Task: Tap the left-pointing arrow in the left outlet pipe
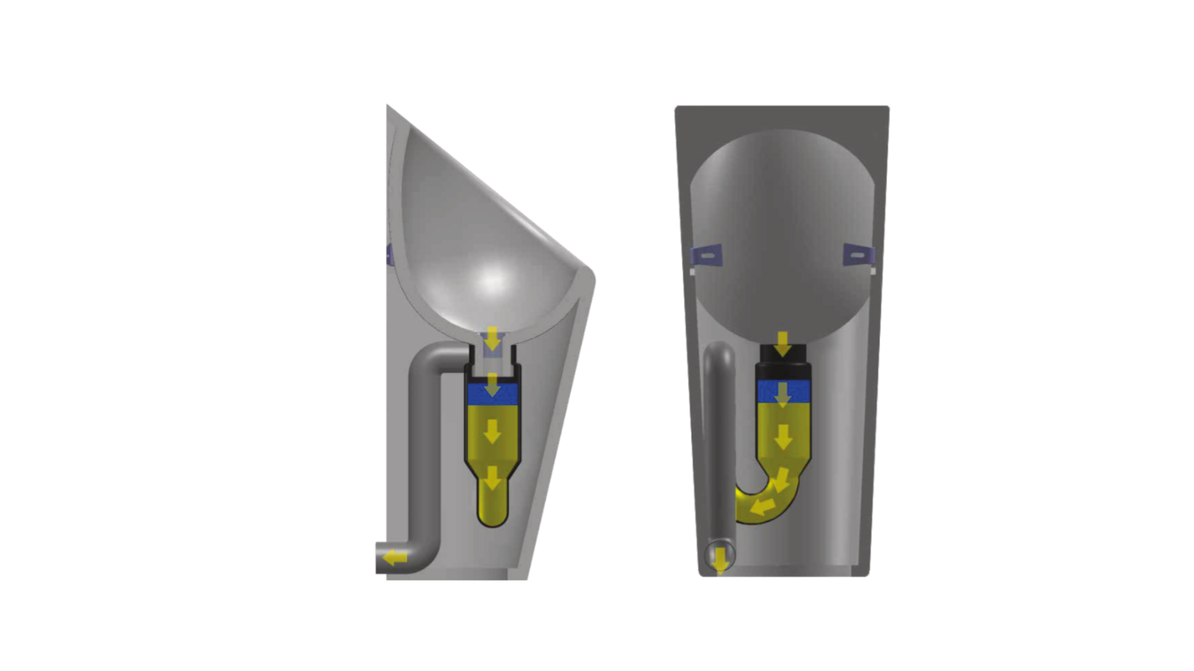(x=395, y=557)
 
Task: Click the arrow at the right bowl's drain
(x=783, y=344)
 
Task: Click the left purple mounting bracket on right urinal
(x=707, y=255)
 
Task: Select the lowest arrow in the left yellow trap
(x=492, y=478)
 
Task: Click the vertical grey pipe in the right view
(x=719, y=443)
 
